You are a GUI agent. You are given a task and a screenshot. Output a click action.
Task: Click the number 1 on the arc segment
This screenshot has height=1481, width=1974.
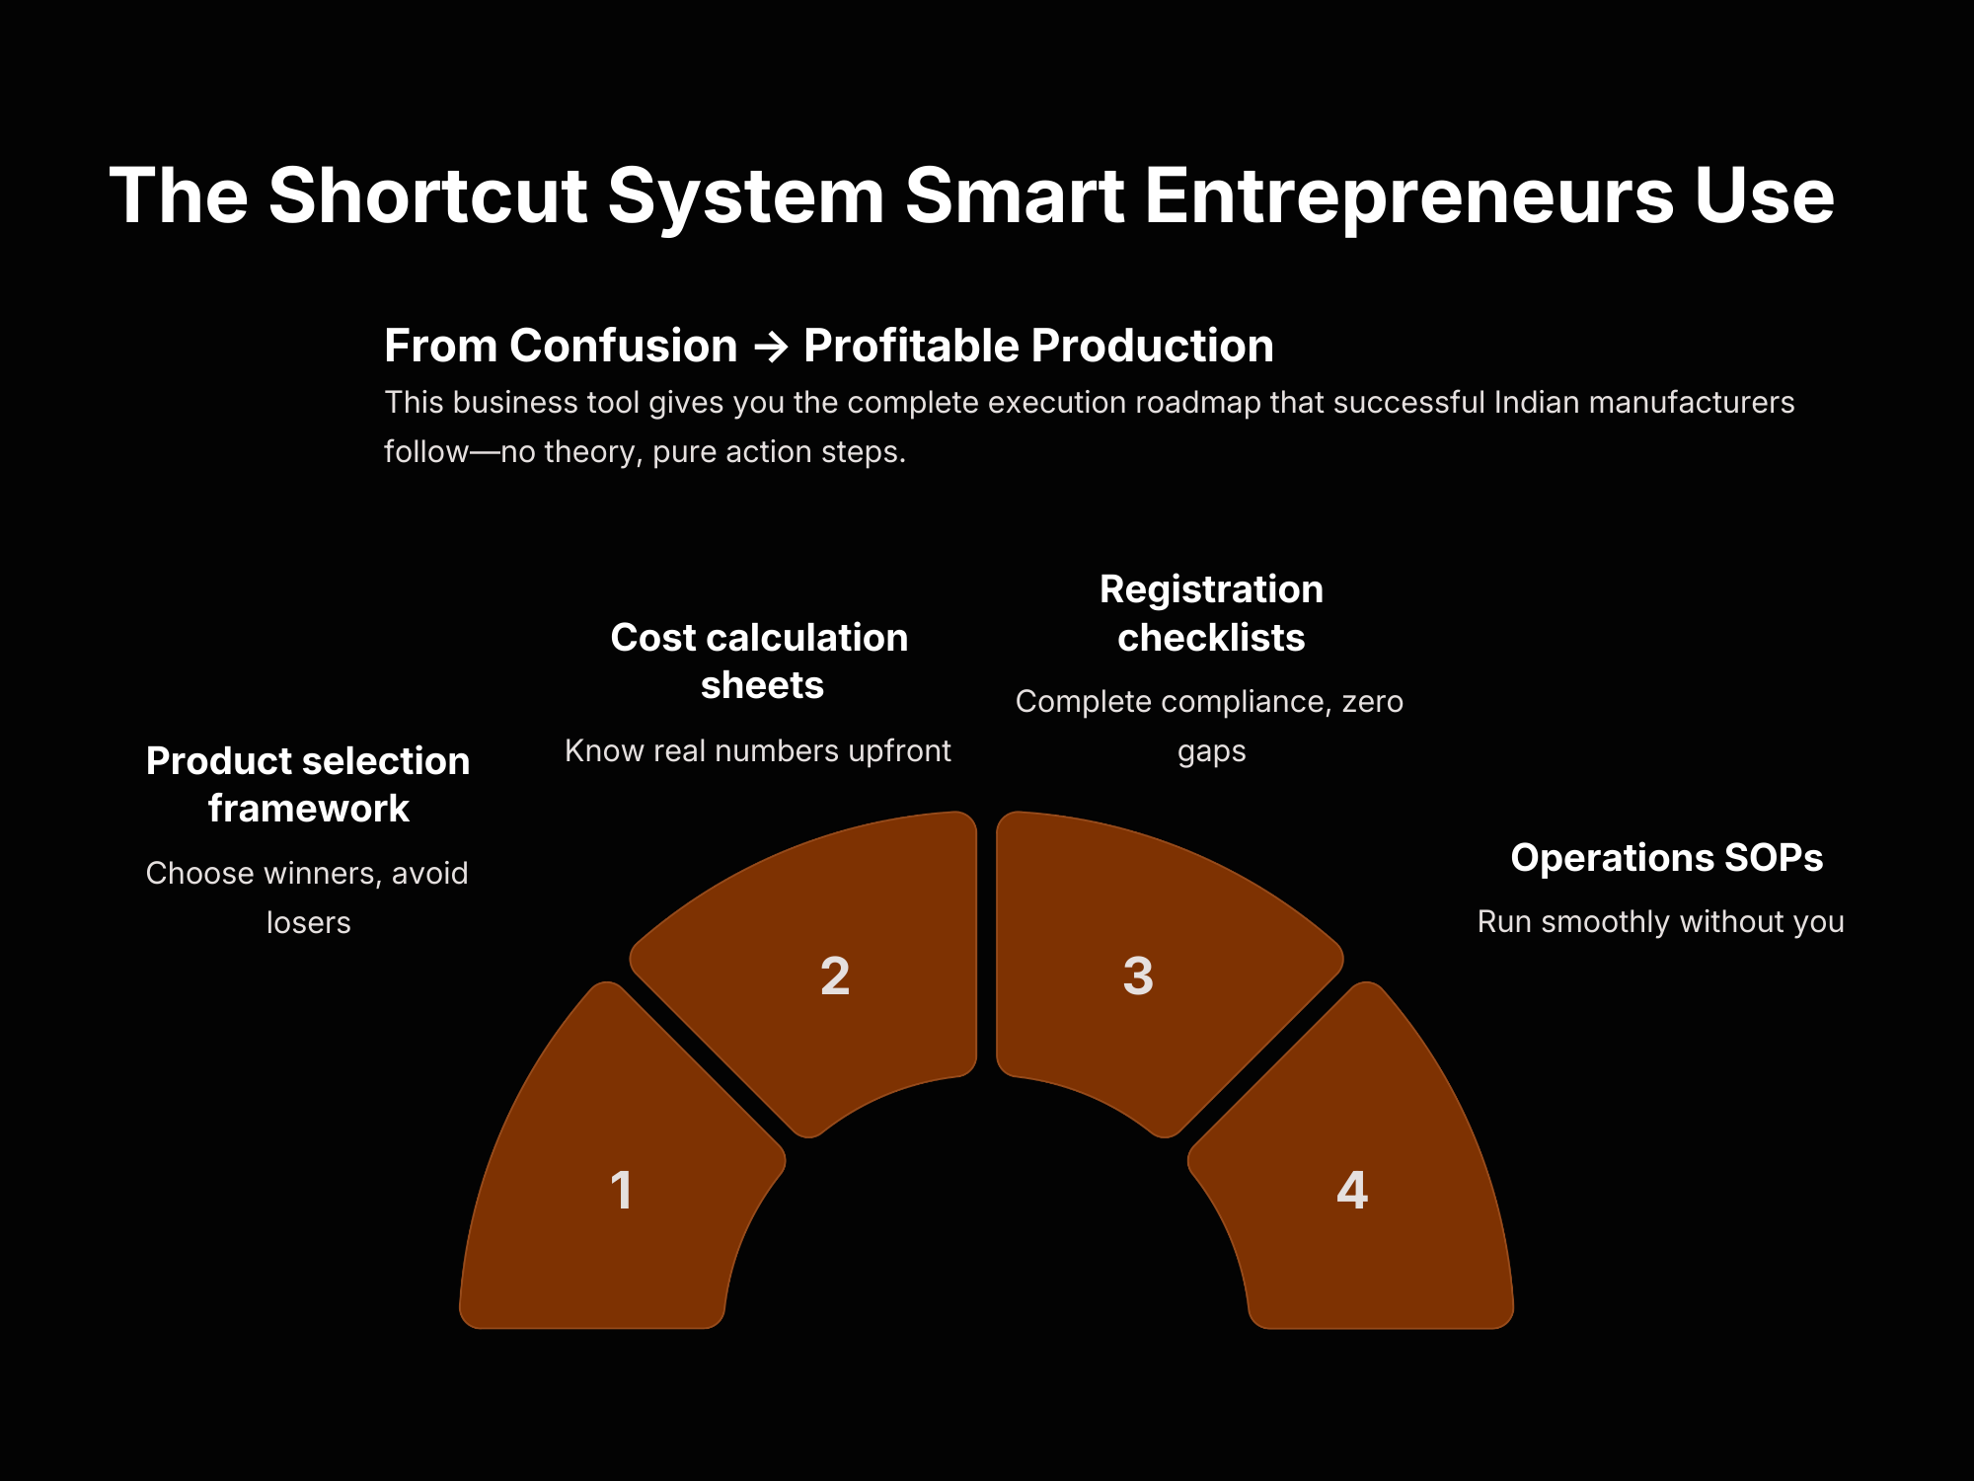tap(622, 1190)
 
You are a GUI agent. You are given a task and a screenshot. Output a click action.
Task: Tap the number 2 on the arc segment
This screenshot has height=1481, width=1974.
tap(835, 976)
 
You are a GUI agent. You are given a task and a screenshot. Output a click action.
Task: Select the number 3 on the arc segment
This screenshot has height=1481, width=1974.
tap(1138, 976)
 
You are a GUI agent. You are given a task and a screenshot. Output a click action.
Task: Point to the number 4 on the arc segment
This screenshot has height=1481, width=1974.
tap(1352, 1190)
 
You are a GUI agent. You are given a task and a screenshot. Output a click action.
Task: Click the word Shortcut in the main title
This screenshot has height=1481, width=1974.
tap(428, 195)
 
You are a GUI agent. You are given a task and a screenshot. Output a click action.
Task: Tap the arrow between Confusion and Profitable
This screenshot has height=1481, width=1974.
tap(771, 347)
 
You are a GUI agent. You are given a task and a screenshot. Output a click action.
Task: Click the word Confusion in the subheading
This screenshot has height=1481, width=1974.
tap(623, 346)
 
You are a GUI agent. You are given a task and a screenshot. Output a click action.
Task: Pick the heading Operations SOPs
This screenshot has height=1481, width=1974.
tap(1667, 857)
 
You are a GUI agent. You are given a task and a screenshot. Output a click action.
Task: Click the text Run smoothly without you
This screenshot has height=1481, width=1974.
tap(1661, 921)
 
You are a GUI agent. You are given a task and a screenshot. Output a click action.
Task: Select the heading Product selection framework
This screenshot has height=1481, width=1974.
tap(308, 785)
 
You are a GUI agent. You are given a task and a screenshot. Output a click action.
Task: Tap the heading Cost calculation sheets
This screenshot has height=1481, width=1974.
tap(759, 662)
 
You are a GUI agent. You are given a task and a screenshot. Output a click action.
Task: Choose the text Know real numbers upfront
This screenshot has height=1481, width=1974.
tap(758, 750)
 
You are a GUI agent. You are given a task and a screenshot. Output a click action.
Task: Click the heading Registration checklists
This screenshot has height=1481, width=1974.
tap(1211, 613)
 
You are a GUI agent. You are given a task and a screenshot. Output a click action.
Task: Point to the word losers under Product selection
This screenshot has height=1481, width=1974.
tap(309, 922)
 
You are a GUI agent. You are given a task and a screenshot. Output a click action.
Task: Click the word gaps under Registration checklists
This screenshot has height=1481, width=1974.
tap(1212, 752)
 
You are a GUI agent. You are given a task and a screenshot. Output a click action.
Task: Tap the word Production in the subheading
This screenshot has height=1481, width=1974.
tap(1152, 346)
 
